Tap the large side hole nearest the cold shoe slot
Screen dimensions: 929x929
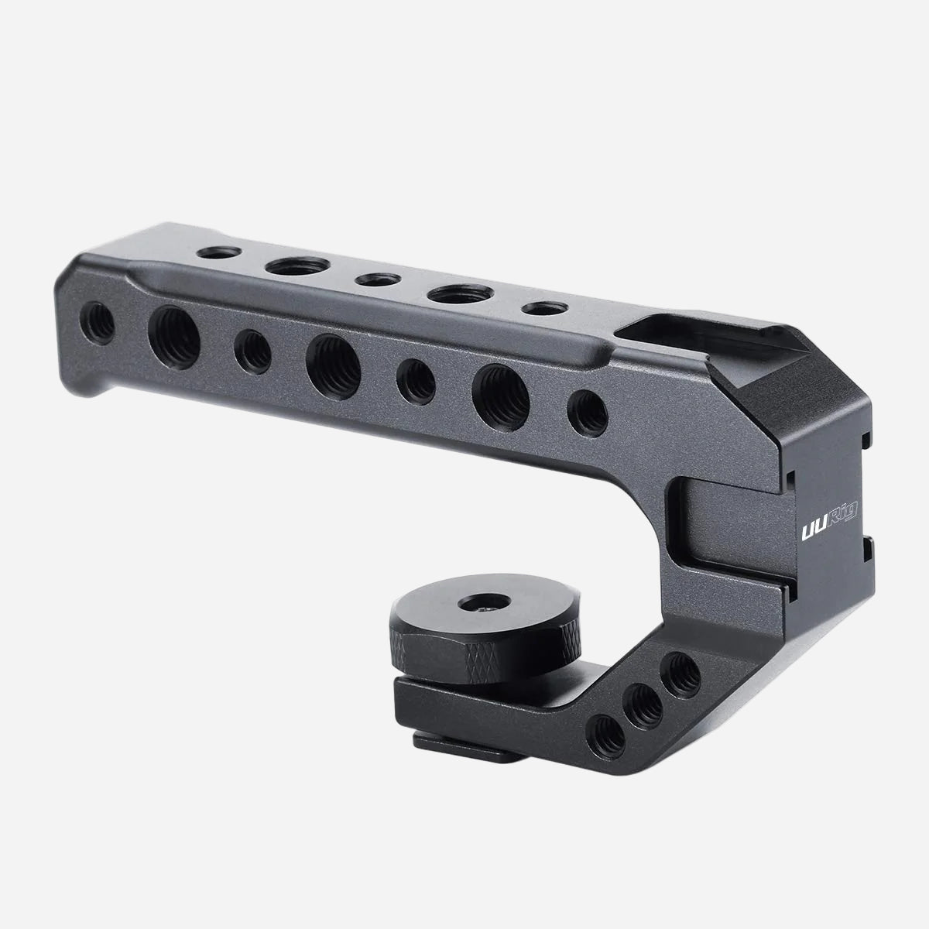[x=501, y=394]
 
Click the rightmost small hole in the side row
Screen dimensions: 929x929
[x=586, y=411]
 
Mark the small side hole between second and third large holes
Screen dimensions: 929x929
[x=416, y=378]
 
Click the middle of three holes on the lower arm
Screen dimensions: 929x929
[x=644, y=703]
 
